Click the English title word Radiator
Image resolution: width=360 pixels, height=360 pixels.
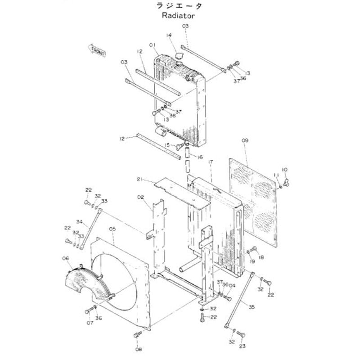click(179, 16)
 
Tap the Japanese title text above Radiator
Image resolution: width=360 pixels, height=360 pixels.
click(179, 6)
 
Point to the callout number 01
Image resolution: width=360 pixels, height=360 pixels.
click(153, 45)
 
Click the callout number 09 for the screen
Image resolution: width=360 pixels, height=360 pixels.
click(245, 141)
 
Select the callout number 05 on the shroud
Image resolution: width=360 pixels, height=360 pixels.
click(112, 229)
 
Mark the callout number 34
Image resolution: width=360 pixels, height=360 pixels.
click(79, 221)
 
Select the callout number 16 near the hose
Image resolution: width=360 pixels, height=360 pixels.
click(200, 157)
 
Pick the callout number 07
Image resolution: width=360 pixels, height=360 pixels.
click(90, 322)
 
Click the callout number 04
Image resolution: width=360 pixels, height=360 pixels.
click(232, 285)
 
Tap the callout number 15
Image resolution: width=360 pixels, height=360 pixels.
click(167, 145)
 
